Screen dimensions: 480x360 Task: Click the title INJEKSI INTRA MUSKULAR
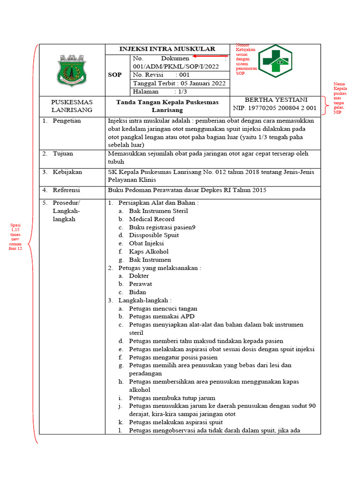[167, 49]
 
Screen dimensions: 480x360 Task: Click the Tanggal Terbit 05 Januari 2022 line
[180, 83]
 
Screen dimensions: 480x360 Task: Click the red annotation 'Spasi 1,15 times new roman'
[15, 237]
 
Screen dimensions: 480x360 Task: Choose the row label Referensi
[66, 190]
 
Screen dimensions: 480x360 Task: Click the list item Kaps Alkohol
[149, 252]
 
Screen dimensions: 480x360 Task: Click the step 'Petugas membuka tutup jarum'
[172, 398]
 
